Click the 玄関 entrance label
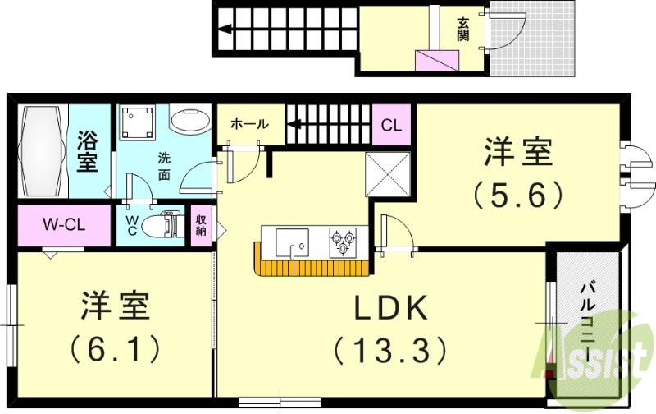tap(462, 30)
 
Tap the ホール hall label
tap(249, 124)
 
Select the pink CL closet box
tap(392, 126)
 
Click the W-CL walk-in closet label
tap(63, 223)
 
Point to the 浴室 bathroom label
tap(88, 151)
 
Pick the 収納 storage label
tap(200, 224)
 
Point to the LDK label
tap(390, 309)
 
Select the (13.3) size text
tap(390, 351)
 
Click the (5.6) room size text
tap(518, 194)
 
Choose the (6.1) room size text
tap(114, 351)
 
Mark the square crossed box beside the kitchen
tap(386, 172)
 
